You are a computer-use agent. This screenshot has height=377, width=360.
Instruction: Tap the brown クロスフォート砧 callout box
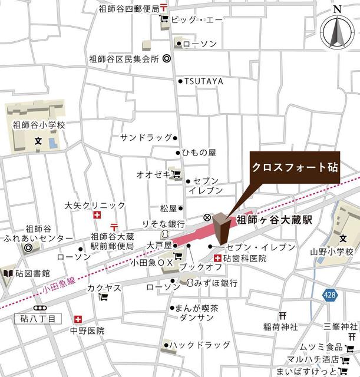click(x=295, y=167)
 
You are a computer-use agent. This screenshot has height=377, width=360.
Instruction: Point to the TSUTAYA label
click(x=204, y=81)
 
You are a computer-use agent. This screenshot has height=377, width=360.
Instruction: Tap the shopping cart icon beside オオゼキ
click(x=175, y=174)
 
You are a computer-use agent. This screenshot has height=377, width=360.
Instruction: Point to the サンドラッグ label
click(x=146, y=137)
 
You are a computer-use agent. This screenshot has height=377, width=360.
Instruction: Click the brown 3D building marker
click(x=222, y=229)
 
